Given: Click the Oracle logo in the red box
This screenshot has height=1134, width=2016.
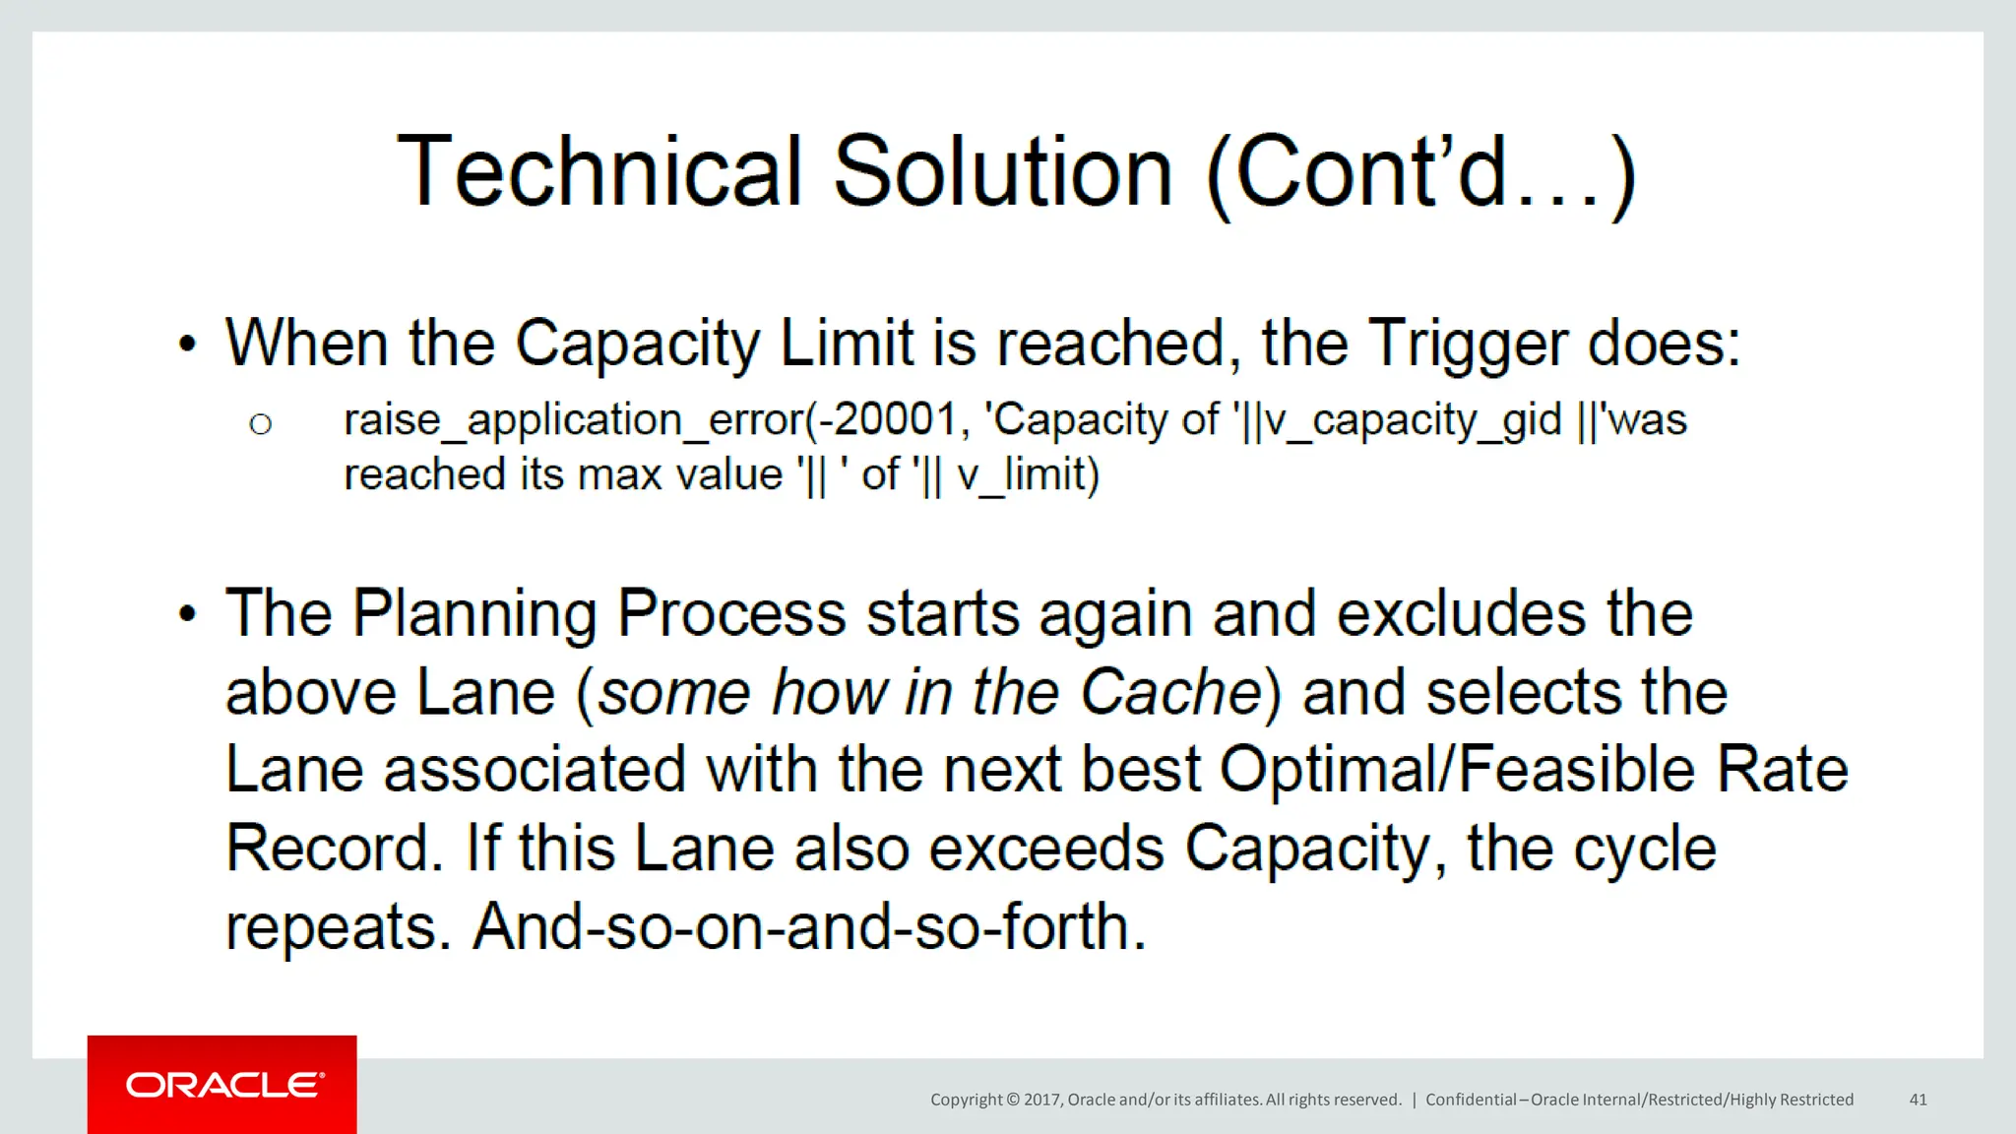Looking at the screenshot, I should pyautogui.click(x=224, y=1085).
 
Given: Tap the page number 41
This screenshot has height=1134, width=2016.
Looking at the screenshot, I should pyautogui.click(x=1918, y=1100).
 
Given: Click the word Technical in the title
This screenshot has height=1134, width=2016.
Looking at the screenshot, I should pyautogui.click(x=599, y=172).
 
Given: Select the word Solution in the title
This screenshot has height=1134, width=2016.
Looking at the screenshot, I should pyautogui.click(x=1003, y=172).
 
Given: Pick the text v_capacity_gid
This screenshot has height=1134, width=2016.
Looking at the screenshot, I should pyautogui.click(x=1414, y=421).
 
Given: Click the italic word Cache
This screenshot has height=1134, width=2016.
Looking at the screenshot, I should pyautogui.click(x=1170, y=692).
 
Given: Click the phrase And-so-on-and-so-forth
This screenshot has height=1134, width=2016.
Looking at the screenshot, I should pyautogui.click(x=809, y=927).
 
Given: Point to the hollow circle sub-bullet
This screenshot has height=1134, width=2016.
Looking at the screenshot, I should pyautogui.click(x=260, y=424).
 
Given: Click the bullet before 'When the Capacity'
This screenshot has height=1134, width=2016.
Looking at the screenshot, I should pyautogui.click(x=187, y=345).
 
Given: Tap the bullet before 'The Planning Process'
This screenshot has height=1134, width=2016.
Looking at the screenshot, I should pyautogui.click(x=187, y=614).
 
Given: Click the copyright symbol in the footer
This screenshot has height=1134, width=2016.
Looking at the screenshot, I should pyautogui.click(x=1013, y=1100).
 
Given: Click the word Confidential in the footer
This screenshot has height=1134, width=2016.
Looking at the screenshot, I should pyautogui.click(x=1471, y=1100).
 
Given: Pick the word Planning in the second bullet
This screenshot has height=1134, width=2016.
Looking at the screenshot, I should pyautogui.click(x=474, y=614).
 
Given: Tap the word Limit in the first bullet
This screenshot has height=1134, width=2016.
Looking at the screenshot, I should pyautogui.click(x=847, y=345).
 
